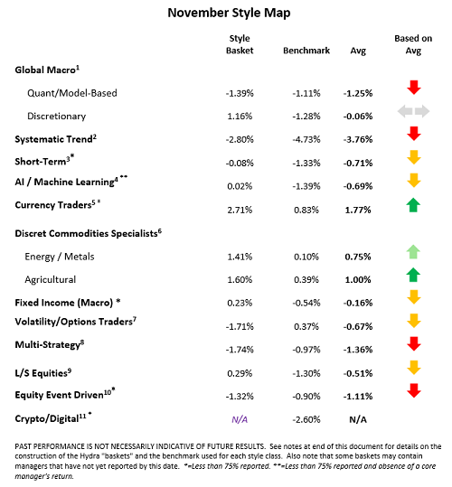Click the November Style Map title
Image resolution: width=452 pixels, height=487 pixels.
pyautogui.click(x=225, y=14)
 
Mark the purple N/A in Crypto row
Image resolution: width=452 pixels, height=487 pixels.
pyautogui.click(x=239, y=419)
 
